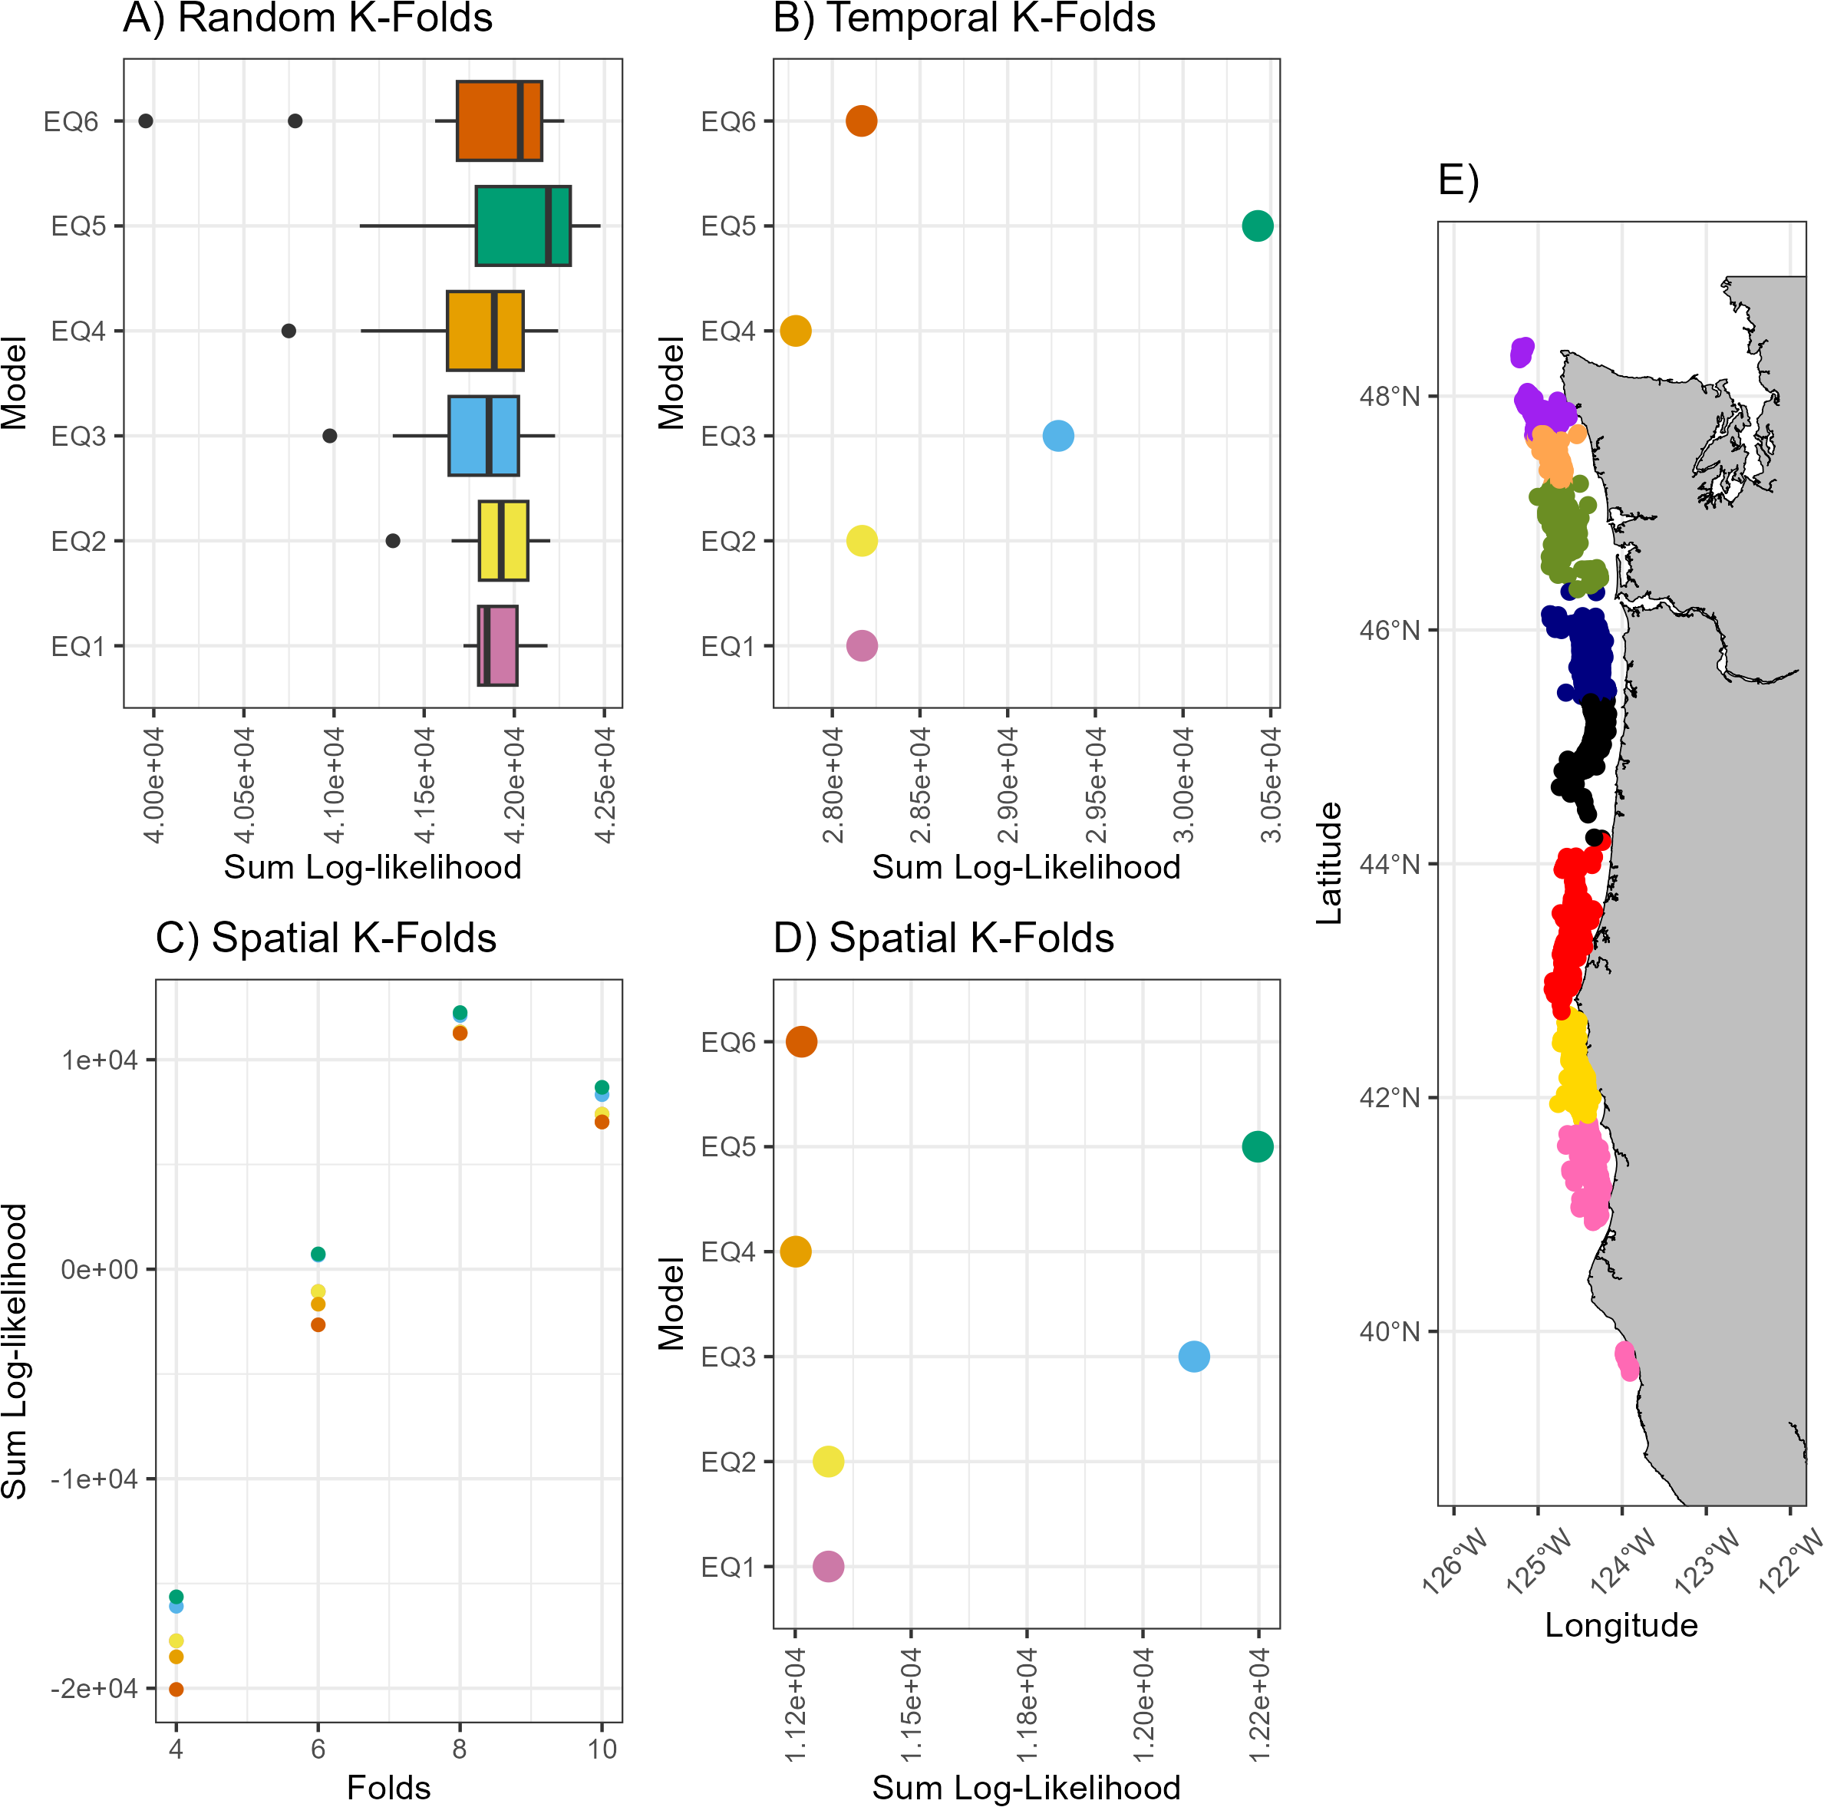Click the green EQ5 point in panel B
pos(1258,226)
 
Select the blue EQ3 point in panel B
pos(1058,436)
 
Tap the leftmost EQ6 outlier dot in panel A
pos(145,120)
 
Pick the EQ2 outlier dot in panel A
pos(393,541)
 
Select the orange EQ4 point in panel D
pos(796,1252)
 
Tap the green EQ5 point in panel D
pos(1258,1147)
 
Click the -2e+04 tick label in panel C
pos(94,1689)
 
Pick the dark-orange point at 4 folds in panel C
pos(176,1689)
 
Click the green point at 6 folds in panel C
pos(318,1254)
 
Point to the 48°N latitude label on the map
pos(1389,396)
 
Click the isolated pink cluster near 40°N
pos(1627,1360)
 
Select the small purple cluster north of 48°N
pos(1522,352)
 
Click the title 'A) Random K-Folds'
pos(308,19)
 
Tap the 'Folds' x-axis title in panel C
pos(388,1787)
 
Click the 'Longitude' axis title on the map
pos(1621,1625)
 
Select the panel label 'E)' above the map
pos(1458,180)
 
